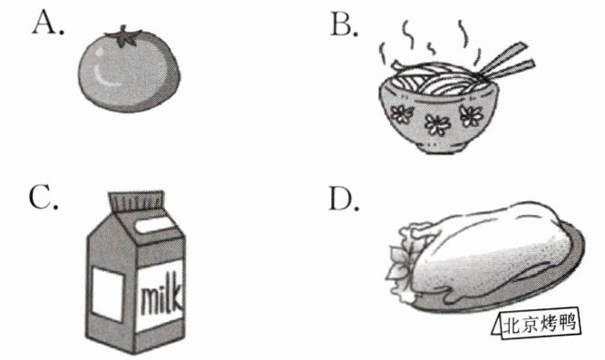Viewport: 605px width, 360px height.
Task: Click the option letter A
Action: click(x=47, y=23)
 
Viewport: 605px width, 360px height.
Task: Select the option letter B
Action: click(x=344, y=25)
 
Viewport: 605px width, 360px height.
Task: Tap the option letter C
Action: click(x=44, y=198)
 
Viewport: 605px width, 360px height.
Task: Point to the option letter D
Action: click(x=344, y=199)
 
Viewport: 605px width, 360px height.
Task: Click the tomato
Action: click(x=129, y=70)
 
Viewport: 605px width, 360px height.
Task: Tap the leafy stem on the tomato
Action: click(x=123, y=36)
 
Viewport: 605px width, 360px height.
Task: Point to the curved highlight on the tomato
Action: click(x=103, y=75)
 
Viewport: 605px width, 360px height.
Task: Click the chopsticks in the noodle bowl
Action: click(x=505, y=61)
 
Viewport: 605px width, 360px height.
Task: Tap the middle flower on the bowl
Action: click(x=437, y=124)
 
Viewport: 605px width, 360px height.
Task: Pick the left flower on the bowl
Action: click(x=401, y=114)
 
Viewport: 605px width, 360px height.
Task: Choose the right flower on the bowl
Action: click(x=471, y=116)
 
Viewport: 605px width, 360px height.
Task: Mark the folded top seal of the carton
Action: click(x=137, y=201)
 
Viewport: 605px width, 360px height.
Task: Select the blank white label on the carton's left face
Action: click(x=108, y=295)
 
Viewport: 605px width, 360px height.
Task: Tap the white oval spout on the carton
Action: click(x=153, y=225)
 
